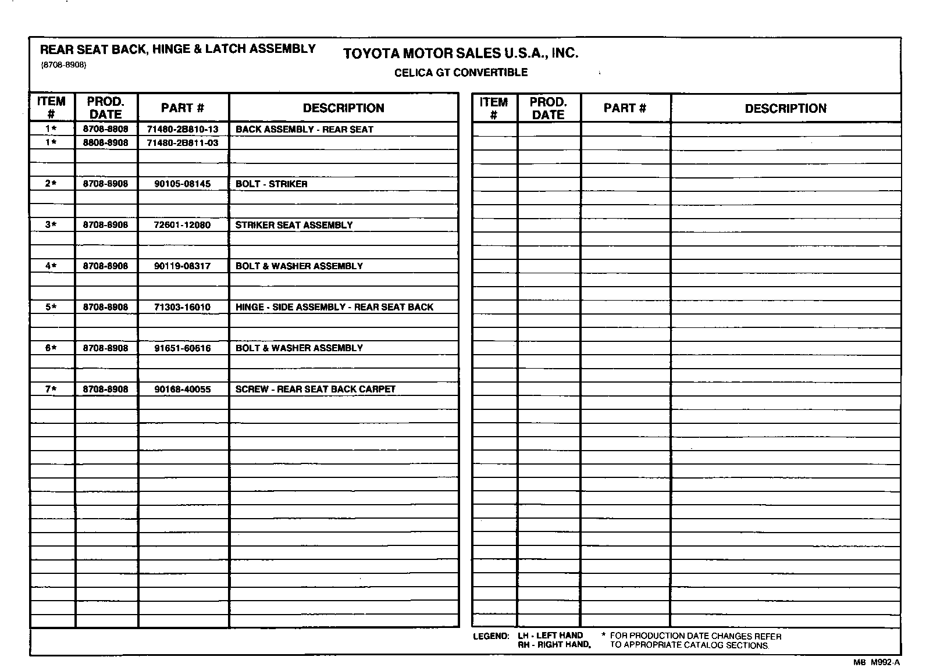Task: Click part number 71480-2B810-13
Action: [x=183, y=129]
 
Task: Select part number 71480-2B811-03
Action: [x=183, y=142]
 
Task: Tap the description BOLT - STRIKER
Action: [x=271, y=184]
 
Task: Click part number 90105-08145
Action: [x=183, y=184]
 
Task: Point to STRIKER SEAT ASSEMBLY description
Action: [x=294, y=225]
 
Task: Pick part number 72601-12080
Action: [x=183, y=225]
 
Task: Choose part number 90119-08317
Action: [x=183, y=266]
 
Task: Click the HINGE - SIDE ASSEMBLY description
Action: [x=334, y=307]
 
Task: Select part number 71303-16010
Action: [x=183, y=307]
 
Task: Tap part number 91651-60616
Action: [x=183, y=348]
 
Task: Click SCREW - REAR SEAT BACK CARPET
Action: [x=315, y=389]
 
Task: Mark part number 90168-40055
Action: [x=183, y=389]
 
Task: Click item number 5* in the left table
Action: [x=51, y=307]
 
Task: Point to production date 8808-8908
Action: [x=105, y=142]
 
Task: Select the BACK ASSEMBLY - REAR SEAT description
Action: [x=304, y=129]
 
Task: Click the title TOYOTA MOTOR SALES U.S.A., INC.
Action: [x=461, y=53]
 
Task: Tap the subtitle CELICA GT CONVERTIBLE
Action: [x=461, y=73]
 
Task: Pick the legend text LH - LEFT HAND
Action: [x=550, y=636]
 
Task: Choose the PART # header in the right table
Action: [x=625, y=108]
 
